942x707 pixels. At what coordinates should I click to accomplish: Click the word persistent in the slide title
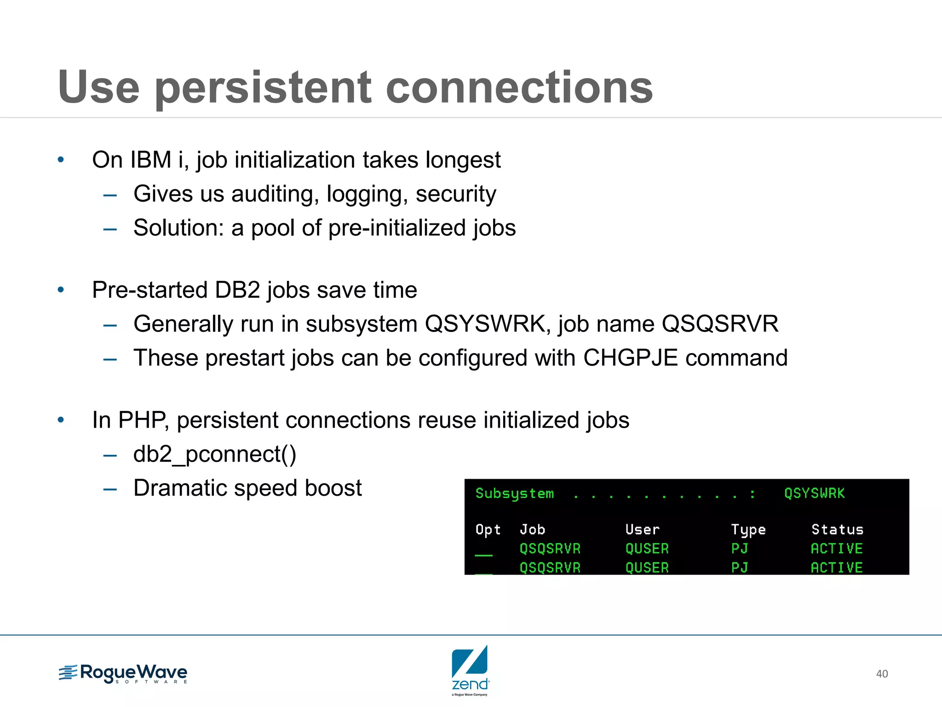point(263,88)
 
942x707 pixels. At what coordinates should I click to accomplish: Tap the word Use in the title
point(98,87)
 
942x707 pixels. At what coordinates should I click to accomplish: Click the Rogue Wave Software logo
point(123,674)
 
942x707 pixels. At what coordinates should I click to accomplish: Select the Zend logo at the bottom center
point(470,670)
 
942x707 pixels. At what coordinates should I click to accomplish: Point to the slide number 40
point(882,674)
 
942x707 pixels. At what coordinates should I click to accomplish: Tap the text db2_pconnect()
point(215,454)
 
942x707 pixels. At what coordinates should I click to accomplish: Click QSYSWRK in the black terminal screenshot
point(814,493)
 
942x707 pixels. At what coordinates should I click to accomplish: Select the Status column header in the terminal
point(837,530)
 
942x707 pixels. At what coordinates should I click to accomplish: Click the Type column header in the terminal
point(748,530)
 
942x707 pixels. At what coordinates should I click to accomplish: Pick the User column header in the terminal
point(642,530)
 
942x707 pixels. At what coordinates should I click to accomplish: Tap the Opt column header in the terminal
point(488,530)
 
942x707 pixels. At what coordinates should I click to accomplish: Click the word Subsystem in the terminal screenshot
point(514,493)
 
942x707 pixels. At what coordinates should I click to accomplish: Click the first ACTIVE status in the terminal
point(836,549)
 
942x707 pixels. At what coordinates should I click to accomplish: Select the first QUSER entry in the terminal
point(647,549)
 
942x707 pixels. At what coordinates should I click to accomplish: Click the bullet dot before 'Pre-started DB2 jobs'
point(61,290)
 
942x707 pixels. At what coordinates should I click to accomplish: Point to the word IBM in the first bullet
point(150,160)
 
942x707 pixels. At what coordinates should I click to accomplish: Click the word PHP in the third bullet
point(142,420)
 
